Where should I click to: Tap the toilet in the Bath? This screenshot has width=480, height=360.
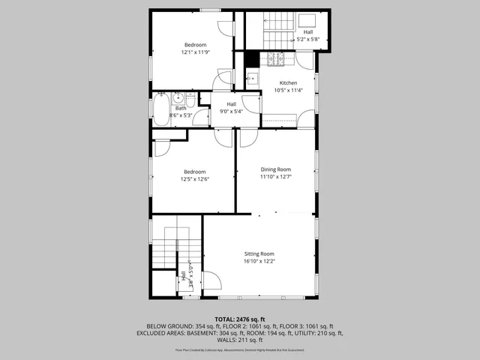tap(192, 100)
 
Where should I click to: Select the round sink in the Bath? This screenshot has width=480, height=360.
tap(178, 98)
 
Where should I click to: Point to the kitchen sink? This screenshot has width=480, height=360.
tap(251, 77)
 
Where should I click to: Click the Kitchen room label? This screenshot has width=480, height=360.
tap(288, 83)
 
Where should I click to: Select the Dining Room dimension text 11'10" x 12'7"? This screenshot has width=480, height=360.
tap(275, 178)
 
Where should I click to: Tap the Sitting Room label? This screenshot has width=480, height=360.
tap(259, 254)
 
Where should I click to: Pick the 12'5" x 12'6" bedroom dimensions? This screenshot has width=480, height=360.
tap(194, 179)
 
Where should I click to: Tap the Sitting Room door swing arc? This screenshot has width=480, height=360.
tap(213, 281)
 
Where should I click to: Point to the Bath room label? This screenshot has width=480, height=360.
tap(170, 108)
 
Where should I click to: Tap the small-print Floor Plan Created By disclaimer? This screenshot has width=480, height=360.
tap(239, 349)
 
